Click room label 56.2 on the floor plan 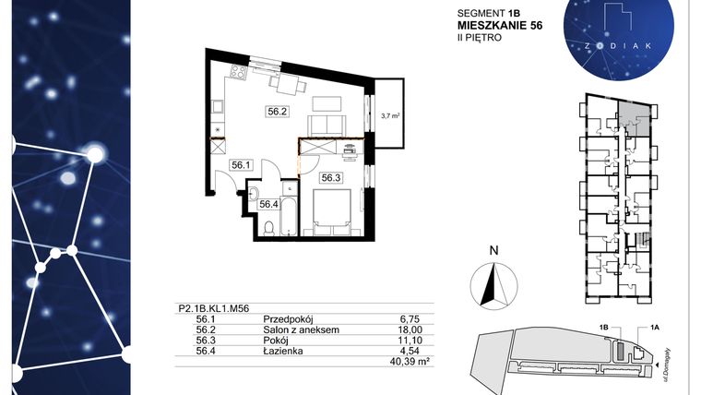click(x=278, y=112)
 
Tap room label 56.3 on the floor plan click(x=331, y=178)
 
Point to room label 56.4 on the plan click(x=268, y=205)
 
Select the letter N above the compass click(x=493, y=249)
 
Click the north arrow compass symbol click(x=493, y=282)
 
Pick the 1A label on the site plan click(x=655, y=328)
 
